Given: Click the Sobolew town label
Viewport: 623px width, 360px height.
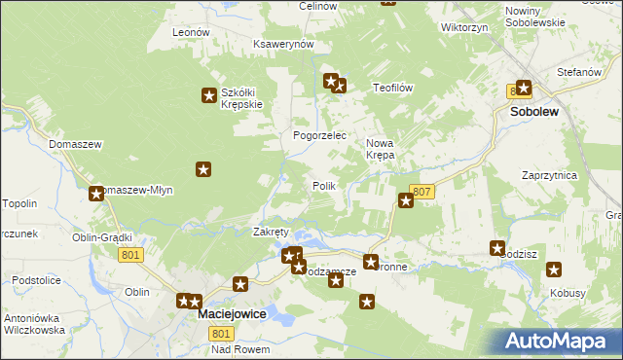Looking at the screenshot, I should pyautogui.click(x=533, y=112).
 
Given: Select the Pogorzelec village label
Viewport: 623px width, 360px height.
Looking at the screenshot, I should pyautogui.click(x=320, y=135).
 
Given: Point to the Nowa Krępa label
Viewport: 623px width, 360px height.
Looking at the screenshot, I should pyautogui.click(x=380, y=150).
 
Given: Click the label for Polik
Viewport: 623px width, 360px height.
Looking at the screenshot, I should pyautogui.click(x=324, y=186).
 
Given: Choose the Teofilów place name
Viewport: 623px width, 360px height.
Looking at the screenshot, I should pyautogui.click(x=394, y=88).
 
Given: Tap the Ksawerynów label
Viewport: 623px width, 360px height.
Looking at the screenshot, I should pyautogui.click(x=282, y=45).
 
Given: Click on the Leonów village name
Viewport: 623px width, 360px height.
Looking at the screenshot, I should pyautogui.click(x=191, y=32).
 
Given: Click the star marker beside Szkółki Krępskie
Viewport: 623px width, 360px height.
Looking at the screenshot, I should pyautogui.click(x=208, y=94).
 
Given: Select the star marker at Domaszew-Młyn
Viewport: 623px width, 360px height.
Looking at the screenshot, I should pyautogui.click(x=96, y=194).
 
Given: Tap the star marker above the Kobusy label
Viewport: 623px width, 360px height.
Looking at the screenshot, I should pyautogui.click(x=554, y=270).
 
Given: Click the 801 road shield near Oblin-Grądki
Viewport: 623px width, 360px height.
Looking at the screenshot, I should pyautogui.click(x=132, y=255).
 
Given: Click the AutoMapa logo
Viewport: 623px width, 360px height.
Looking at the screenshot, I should pyautogui.click(x=561, y=341).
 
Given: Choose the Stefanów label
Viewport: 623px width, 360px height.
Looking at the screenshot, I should pyautogui.click(x=575, y=73).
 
